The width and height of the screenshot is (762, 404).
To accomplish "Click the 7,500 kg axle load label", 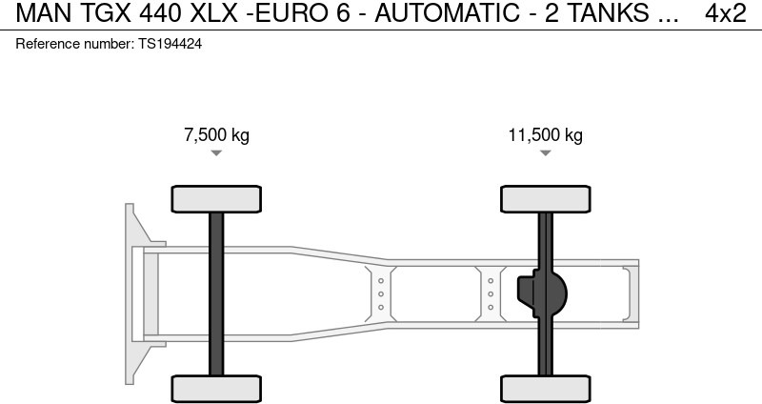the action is (216, 134).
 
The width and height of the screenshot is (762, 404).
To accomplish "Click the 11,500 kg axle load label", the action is (545, 134).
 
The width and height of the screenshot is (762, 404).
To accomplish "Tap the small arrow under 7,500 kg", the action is (216, 153).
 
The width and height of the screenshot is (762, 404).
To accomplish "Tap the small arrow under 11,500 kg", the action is (545, 153).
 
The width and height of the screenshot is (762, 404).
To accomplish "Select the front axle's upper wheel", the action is (216, 199).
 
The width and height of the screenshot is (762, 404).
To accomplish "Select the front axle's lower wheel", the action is (216, 389).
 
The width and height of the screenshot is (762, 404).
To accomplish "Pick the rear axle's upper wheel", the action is (545, 199).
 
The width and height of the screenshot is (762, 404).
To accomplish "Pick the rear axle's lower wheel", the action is (545, 389).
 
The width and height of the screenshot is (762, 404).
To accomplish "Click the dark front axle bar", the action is (216, 294).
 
